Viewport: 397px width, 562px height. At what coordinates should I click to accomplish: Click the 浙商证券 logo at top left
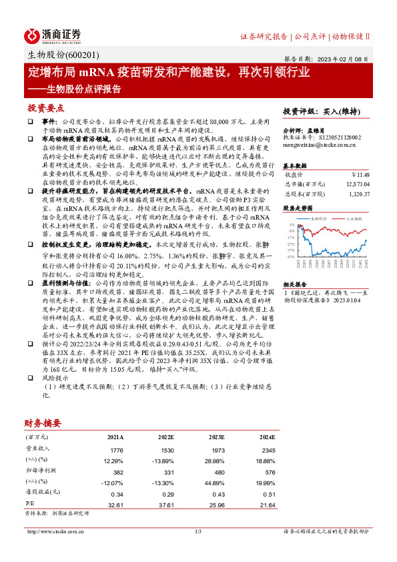point(53,35)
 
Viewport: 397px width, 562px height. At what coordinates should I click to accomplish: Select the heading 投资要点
point(45,107)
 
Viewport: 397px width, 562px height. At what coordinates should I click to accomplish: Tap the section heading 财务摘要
point(43,423)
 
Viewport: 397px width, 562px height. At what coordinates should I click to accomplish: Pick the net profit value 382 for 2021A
point(117,471)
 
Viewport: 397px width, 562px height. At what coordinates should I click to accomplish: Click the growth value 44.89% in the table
point(212,482)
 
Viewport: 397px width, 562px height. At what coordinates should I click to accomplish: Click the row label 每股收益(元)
point(37,493)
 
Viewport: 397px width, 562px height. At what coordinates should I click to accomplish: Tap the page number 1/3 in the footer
point(197,531)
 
